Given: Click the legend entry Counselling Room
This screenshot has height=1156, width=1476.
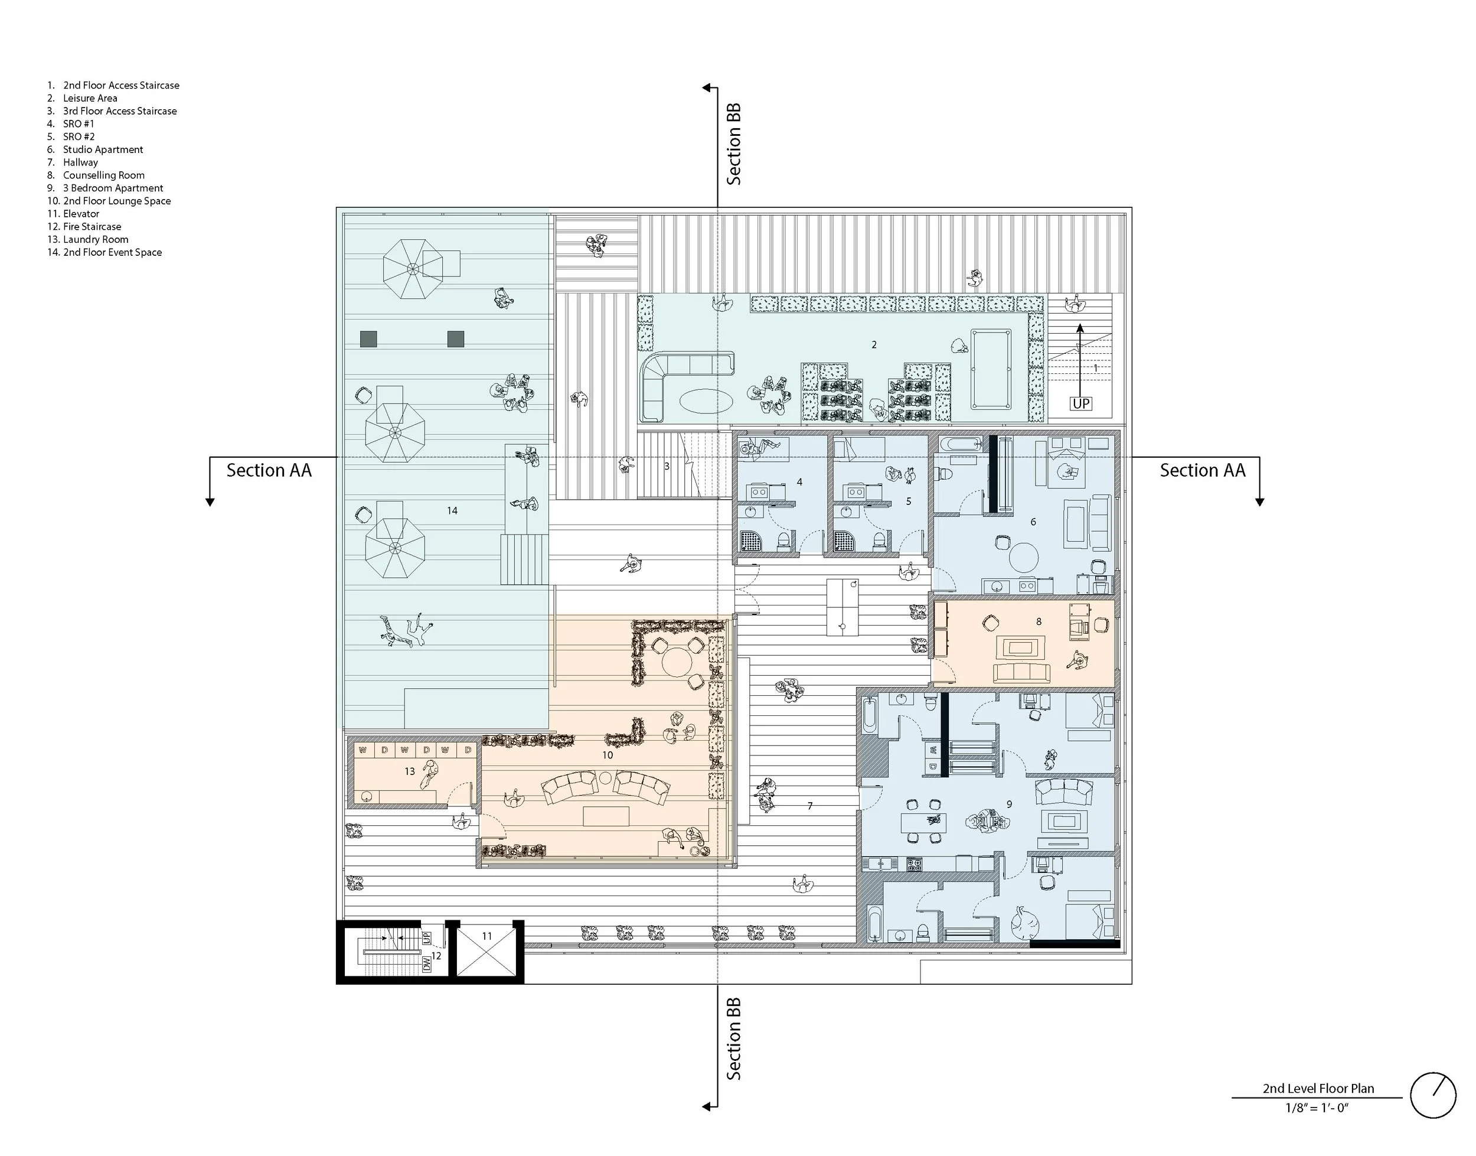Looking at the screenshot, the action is (103, 175).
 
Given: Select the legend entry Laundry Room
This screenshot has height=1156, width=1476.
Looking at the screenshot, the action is (96, 240).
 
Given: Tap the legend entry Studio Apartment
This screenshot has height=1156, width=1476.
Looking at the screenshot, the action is (103, 149).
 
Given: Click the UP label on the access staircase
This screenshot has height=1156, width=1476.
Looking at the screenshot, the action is (1081, 403).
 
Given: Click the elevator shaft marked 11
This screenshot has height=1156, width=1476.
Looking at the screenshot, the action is (486, 952).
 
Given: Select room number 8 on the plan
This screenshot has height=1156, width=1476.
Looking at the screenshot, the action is (1039, 621).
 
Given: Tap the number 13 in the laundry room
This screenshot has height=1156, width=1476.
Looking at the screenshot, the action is (409, 771).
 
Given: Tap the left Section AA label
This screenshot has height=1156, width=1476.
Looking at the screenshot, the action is (269, 470).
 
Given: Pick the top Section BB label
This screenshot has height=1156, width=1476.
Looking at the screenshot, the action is (734, 144).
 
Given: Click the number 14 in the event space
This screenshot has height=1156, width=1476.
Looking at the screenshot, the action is (452, 510).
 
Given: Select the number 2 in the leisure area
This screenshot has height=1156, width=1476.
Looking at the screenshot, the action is (874, 344).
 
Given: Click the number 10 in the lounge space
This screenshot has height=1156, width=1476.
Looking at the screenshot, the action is (608, 755).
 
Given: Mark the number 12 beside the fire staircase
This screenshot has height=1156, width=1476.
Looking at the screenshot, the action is (436, 956).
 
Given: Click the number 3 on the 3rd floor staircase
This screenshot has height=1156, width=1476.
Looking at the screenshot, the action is (667, 465).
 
